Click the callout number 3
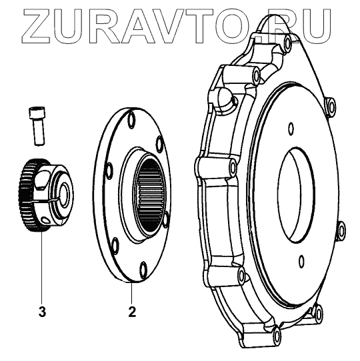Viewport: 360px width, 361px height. coord(42,312)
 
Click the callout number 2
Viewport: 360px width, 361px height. coord(132,312)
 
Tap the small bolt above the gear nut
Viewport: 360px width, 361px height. coord(37,126)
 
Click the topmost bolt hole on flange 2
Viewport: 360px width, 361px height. coord(131,119)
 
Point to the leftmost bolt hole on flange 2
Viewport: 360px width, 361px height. coord(109,171)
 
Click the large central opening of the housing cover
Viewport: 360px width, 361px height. coord(297,194)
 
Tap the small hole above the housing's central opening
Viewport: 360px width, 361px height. coord(291,128)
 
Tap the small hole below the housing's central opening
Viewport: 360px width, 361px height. coord(301,261)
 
